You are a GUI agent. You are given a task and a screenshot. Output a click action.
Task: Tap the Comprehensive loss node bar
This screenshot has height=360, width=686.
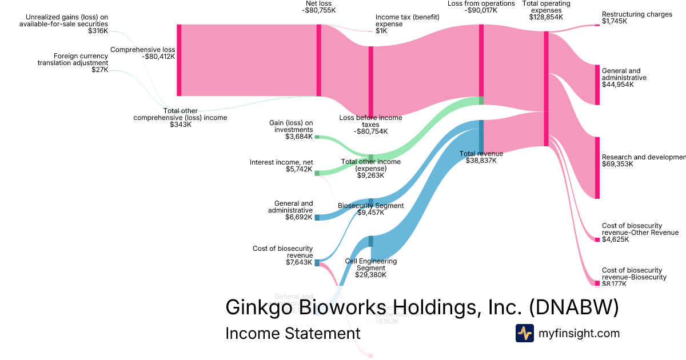(179, 60)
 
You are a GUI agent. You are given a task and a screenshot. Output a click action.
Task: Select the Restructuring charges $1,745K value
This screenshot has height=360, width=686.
(615, 21)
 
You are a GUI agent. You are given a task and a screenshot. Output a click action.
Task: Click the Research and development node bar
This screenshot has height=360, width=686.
(597, 167)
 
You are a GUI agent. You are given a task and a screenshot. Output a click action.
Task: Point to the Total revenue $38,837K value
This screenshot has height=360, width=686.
(481, 161)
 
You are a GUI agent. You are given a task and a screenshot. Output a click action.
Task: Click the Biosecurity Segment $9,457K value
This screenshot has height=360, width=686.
(370, 213)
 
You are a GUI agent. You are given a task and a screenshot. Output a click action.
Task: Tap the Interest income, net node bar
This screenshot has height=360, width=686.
(317, 173)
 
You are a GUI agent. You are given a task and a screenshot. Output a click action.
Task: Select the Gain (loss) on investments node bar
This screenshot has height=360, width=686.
(317, 137)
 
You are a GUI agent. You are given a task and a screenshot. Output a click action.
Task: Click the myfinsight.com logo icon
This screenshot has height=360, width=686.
(524, 333)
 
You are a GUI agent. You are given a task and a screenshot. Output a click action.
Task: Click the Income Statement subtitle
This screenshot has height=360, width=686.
(293, 334)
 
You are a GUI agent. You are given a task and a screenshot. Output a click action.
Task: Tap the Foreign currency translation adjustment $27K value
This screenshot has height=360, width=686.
(99, 70)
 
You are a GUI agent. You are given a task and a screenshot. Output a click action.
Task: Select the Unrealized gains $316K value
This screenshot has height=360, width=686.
(98, 31)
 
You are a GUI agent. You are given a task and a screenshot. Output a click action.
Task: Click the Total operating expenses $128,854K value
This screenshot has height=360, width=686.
(546, 17)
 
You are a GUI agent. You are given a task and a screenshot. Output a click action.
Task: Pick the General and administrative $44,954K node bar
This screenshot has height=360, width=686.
(597, 85)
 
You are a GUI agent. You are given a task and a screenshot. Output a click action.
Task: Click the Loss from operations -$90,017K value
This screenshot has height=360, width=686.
(481, 10)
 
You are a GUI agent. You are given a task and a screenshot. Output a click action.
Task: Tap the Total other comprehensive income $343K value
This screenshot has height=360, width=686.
(181, 125)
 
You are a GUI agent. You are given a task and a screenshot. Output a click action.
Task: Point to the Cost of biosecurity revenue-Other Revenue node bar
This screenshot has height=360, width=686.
(597, 239)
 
